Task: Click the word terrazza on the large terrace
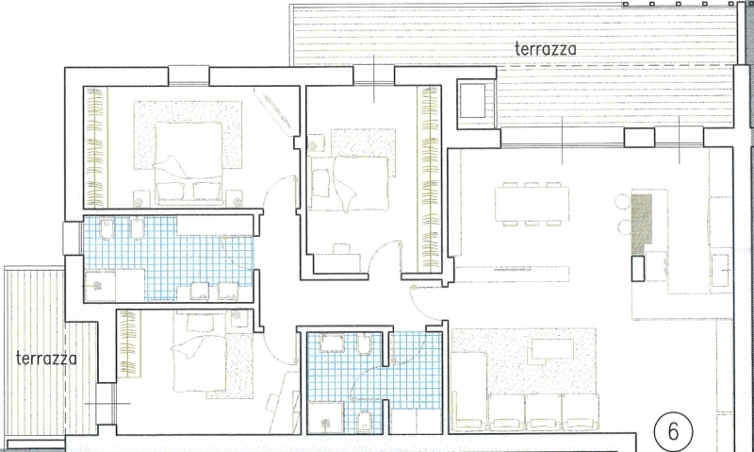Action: pos(545,49)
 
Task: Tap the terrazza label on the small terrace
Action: pos(46,359)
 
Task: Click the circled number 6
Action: pos(674,431)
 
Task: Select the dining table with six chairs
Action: pos(532,204)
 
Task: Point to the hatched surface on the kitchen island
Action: pos(641,224)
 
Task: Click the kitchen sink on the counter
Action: pos(721,271)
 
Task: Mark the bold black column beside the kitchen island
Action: pos(638,268)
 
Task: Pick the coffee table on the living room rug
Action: pos(552,349)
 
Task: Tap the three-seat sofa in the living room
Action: pos(544,411)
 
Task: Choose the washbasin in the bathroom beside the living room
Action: pos(332,343)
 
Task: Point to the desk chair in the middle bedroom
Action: pos(341,249)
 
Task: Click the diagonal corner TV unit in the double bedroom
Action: pos(272,109)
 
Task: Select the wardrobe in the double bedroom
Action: pos(96,147)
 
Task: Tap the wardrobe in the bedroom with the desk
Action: pos(430,179)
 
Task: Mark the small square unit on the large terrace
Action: pos(472,100)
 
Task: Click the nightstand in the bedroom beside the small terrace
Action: pos(239,318)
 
